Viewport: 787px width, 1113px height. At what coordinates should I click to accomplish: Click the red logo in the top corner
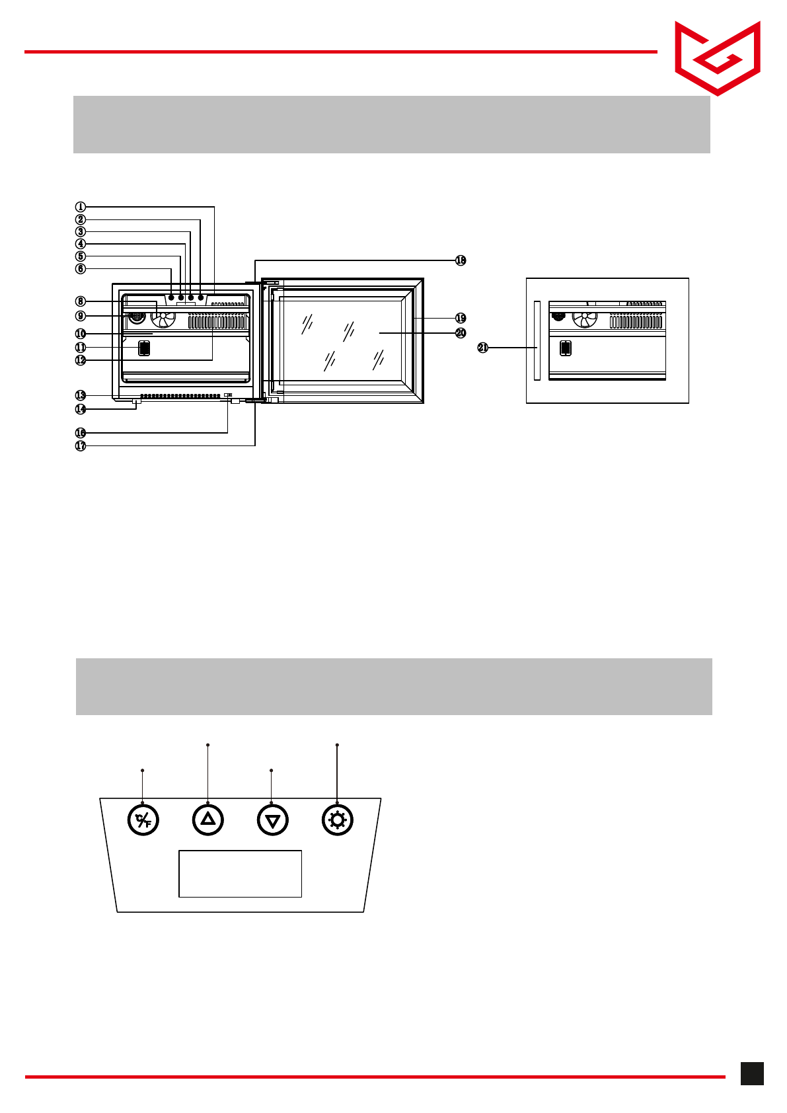718,58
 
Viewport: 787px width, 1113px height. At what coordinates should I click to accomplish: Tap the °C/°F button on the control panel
143,821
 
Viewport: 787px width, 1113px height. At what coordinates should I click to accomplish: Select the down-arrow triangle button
272,821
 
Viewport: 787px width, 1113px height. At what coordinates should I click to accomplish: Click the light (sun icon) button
338,821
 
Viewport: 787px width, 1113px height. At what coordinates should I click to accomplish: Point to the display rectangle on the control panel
240,874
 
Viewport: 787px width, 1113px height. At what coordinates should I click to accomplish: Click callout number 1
81,207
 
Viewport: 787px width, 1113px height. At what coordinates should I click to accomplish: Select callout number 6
81,269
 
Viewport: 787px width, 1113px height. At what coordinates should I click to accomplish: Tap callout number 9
81,316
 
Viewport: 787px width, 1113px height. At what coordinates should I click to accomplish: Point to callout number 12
81,360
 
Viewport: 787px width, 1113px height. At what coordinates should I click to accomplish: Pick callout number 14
81,409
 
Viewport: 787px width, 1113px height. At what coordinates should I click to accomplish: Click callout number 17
81,446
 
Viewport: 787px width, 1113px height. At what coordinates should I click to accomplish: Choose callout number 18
461,260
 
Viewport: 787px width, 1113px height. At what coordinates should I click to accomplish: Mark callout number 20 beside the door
461,333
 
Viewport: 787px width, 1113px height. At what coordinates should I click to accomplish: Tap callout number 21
483,348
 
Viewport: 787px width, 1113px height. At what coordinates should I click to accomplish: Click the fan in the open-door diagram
163,319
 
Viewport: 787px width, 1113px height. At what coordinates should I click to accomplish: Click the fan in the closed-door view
584,319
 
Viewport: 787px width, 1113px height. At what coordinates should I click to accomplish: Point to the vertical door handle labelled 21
537,341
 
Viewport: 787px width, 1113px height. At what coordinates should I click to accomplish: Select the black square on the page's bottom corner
752,1073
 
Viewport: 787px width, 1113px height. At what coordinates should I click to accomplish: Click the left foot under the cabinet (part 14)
137,402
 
